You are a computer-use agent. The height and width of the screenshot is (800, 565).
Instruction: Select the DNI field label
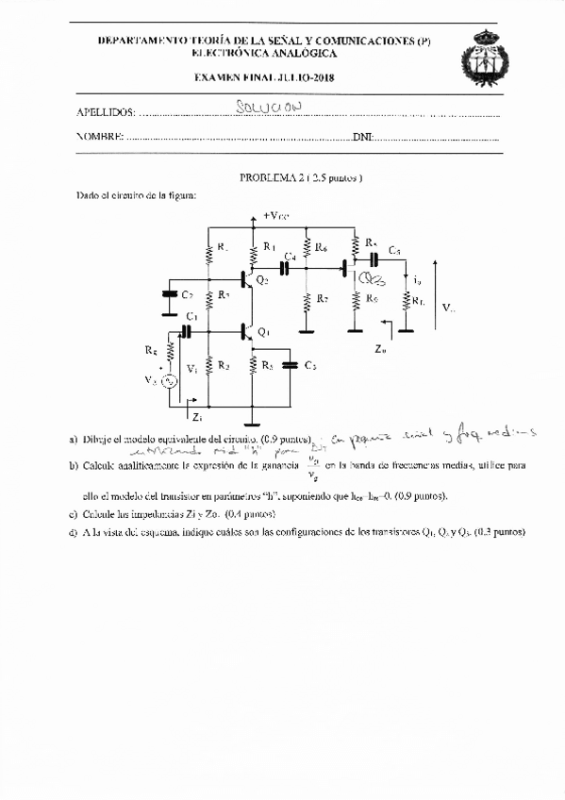tap(361, 138)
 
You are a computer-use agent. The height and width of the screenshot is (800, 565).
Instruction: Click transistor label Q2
tap(261, 280)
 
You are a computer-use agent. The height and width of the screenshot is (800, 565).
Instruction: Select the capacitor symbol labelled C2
tap(170, 295)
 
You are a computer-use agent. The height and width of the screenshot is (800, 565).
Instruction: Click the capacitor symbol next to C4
tap(284, 268)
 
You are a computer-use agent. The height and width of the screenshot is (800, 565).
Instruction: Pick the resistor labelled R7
tap(307, 302)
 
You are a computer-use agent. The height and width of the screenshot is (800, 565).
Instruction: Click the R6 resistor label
tap(322, 248)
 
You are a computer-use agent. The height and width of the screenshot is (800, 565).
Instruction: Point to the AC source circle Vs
tap(171, 381)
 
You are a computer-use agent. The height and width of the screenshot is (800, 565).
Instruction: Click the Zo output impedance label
tap(380, 348)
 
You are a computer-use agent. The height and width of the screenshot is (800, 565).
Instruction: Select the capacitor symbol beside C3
tap(291, 364)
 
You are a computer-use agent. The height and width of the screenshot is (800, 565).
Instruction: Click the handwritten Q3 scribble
tap(373, 279)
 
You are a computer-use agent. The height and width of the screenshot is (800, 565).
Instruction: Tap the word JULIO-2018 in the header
tap(306, 77)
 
